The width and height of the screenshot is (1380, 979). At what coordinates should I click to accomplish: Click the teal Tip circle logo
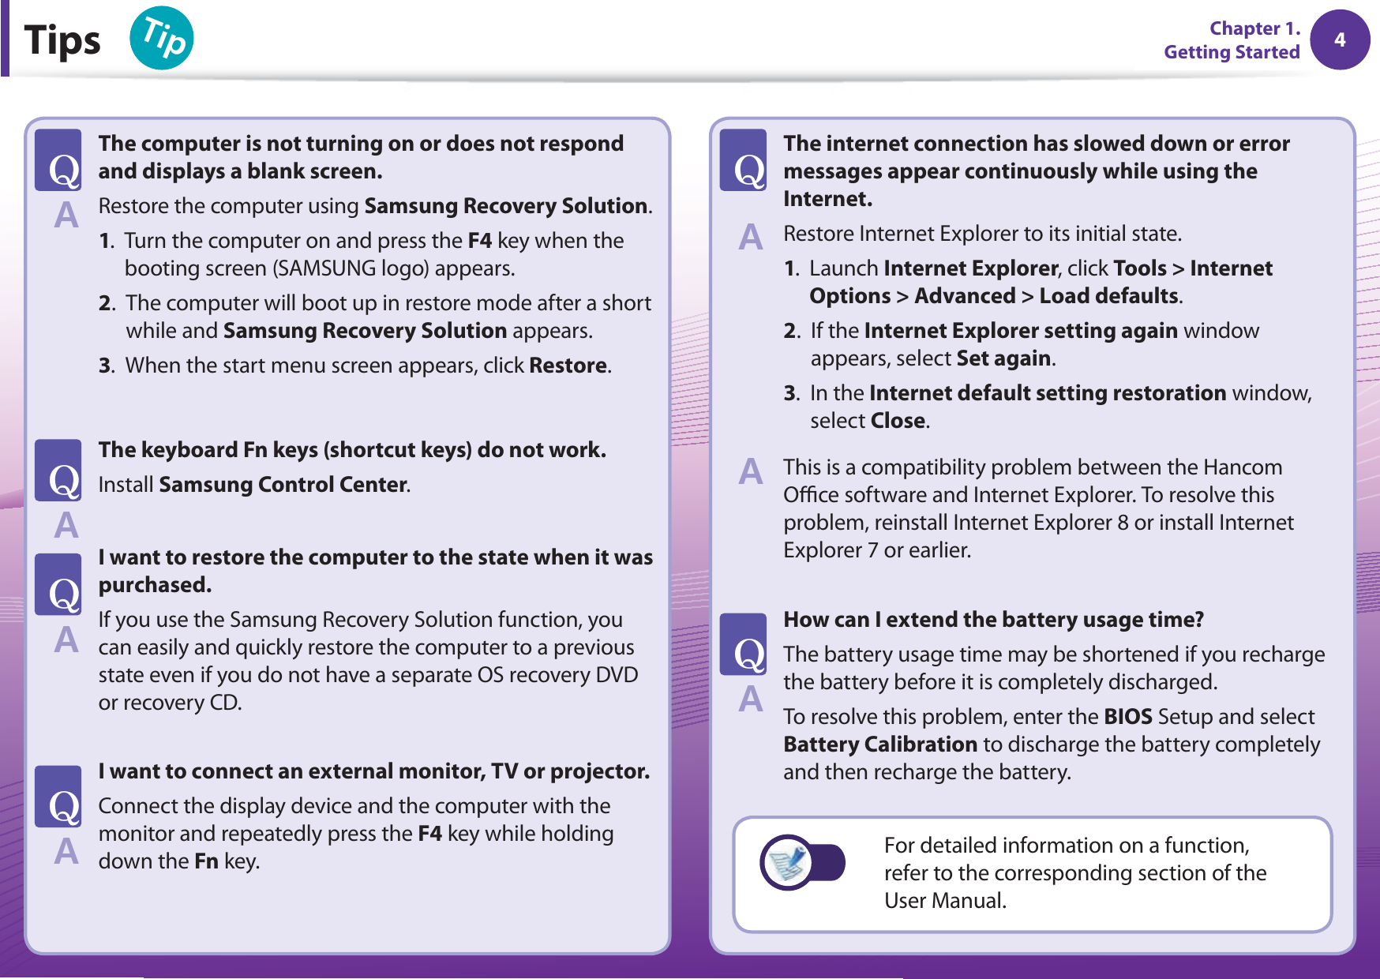pos(162,38)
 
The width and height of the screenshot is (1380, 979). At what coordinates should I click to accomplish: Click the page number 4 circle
pos(1340,39)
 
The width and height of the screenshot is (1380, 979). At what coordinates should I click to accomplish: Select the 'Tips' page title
pos(62,40)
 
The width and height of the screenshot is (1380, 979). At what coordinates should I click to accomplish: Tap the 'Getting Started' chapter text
pos(1231,52)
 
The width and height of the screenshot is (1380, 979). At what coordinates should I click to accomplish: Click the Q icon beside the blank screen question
pos(58,160)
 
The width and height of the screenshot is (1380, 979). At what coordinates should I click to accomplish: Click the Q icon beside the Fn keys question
pos(58,471)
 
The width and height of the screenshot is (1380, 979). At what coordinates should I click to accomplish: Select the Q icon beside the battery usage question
pos(743,644)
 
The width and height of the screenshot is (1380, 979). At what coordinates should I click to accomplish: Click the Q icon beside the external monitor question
pos(58,797)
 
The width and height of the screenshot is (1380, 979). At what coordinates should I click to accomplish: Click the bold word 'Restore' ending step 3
pos(568,366)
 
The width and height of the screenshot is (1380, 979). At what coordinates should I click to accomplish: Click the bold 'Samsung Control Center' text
pos(283,485)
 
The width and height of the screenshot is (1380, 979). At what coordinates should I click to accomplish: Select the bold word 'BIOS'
pos(1128,717)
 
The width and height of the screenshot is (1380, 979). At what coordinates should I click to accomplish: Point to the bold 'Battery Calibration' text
pos(880,745)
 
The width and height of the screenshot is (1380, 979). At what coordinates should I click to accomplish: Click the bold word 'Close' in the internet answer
pos(898,421)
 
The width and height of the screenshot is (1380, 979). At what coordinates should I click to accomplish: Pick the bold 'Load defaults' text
pos(1108,296)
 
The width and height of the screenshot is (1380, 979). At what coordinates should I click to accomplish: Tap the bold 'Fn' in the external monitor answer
pos(206,861)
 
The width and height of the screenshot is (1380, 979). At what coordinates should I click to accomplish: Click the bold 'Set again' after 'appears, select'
pos(1003,358)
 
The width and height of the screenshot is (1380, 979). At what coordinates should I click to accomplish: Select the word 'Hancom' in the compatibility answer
pos(1243,467)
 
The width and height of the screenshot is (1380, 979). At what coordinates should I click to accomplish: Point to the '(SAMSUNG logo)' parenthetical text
pos(351,268)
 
